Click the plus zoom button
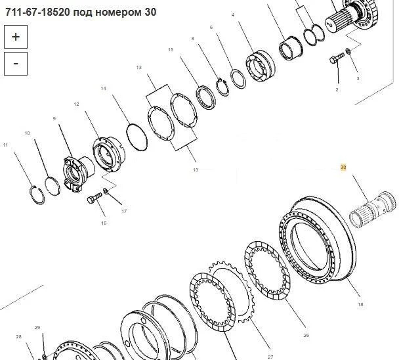16,37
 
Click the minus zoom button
16,64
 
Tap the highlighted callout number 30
343,168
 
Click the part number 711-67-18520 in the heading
37,12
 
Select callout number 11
5,145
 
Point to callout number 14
103,89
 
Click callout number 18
360,304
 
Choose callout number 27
270,357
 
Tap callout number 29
37,327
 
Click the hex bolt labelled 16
94,198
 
